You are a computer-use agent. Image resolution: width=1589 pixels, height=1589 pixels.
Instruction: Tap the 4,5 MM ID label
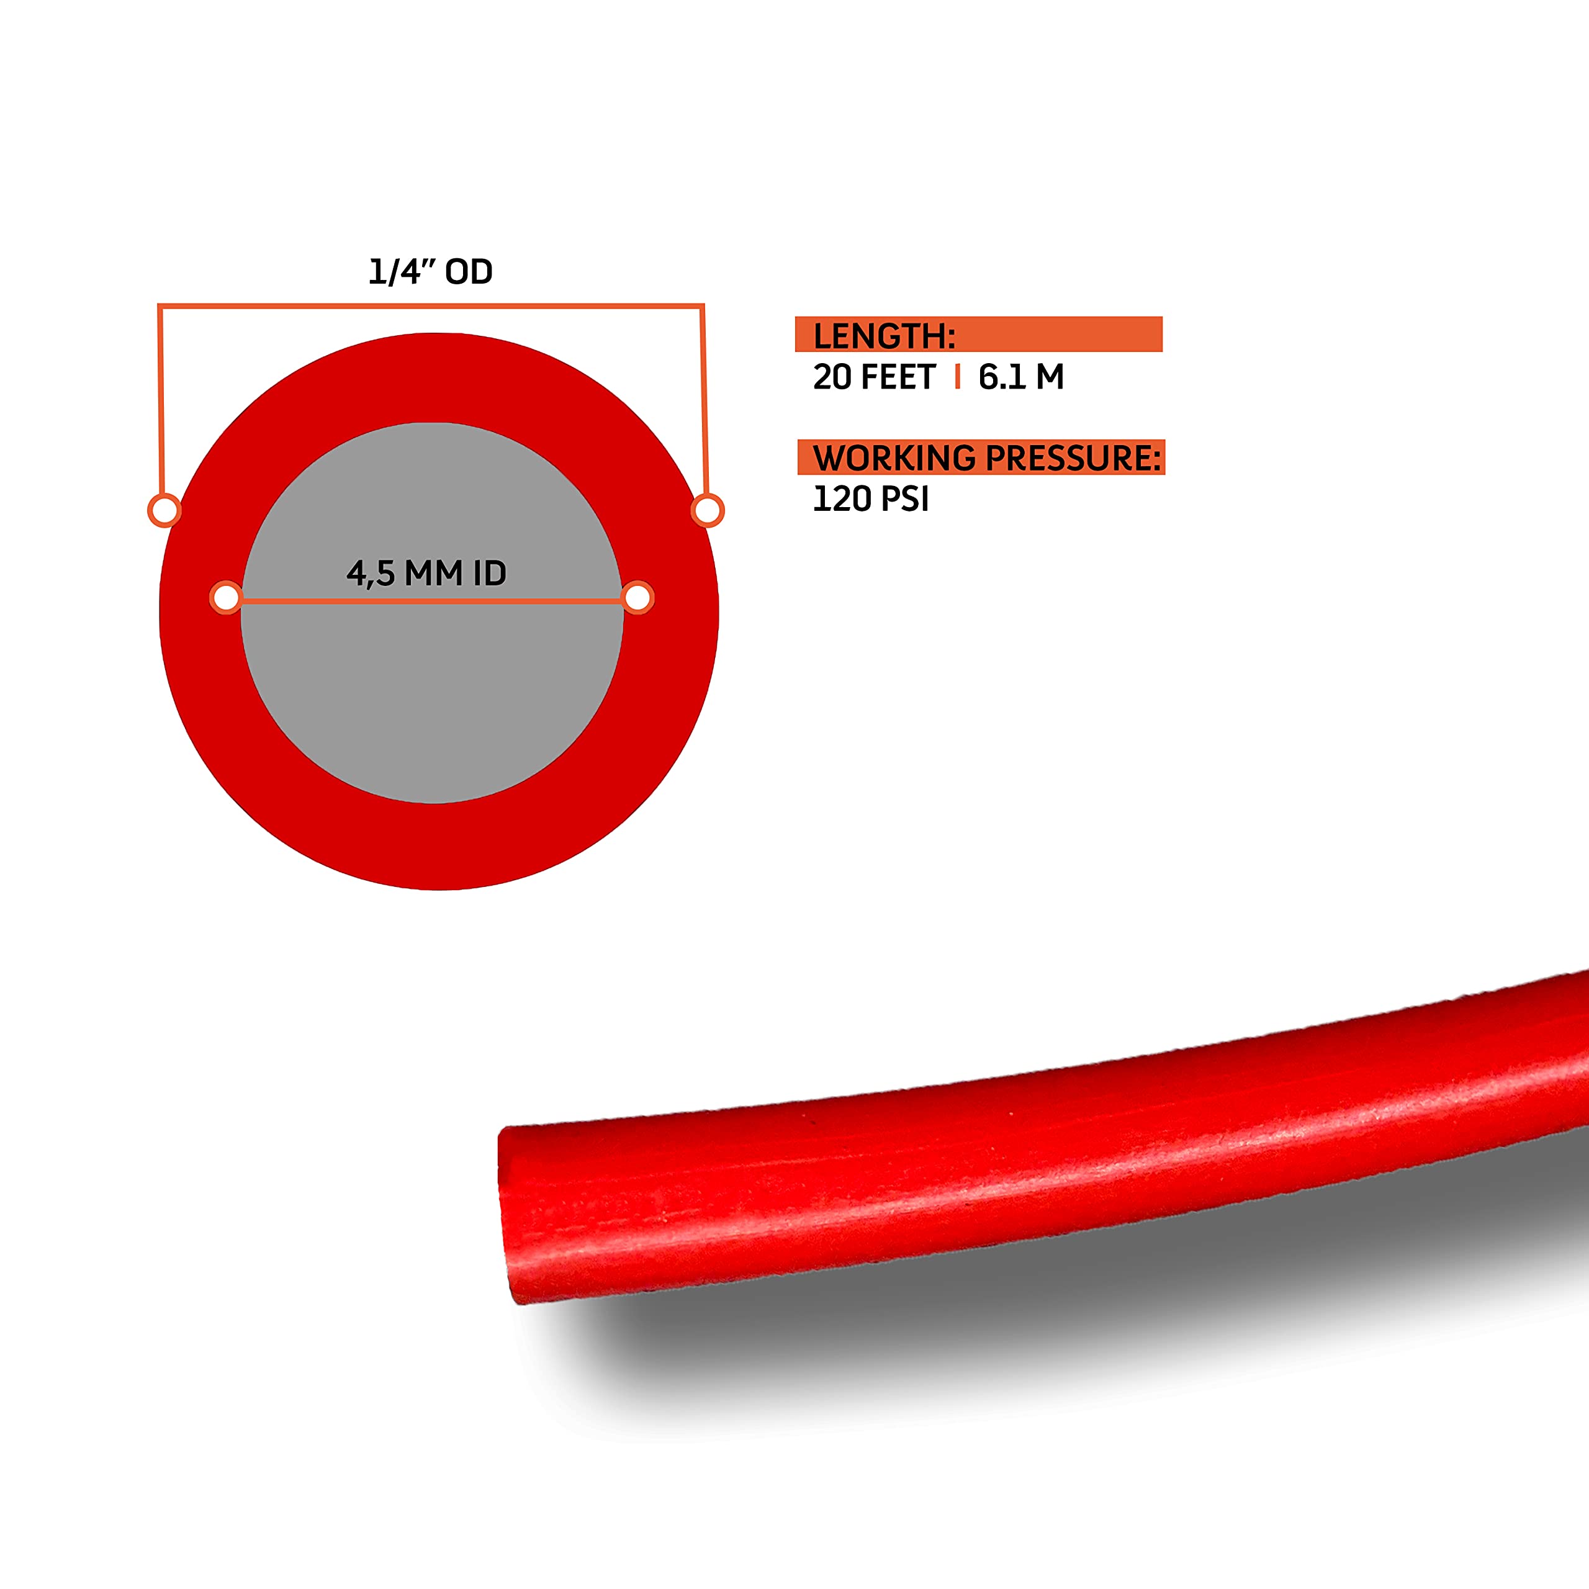point(426,574)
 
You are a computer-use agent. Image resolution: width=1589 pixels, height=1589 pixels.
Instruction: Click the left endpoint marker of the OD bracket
point(164,510)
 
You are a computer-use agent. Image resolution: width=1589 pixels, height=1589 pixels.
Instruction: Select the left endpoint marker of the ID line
point(226,597)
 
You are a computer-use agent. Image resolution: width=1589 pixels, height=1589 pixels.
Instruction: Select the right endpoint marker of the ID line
point(637,597)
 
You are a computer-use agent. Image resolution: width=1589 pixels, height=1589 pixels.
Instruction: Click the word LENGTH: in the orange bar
point(884,336)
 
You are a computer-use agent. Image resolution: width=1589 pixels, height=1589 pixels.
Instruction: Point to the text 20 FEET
point(873,377)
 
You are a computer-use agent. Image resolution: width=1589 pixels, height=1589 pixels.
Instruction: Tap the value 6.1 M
point(1020,377)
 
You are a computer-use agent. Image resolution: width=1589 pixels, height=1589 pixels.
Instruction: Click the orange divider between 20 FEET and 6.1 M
point(957,377)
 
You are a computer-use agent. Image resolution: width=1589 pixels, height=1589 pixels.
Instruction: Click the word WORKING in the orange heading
point(894,458)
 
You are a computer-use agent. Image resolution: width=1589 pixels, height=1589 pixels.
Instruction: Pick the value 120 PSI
point(870,499)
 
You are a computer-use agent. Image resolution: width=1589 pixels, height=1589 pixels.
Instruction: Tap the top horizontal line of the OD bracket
point(430,306)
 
